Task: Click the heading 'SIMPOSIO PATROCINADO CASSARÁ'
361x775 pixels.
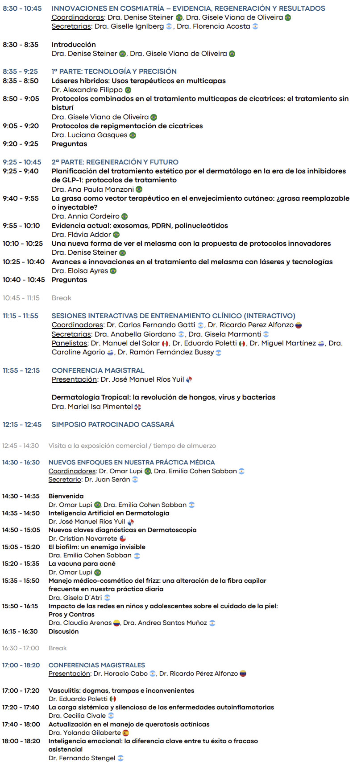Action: [x=113, y=424]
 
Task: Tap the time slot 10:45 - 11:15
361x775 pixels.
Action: [x=21, y=298]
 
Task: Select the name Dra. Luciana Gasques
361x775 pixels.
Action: [x=89, y=135]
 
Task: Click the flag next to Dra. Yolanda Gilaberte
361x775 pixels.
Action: [x=126, y=733]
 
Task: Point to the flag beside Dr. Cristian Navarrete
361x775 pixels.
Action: [x=123, y=539]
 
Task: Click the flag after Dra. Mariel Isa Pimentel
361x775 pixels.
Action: [x=138, y=407]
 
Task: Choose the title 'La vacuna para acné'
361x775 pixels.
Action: [x=82, y=564]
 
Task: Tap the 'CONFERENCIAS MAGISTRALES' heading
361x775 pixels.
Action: [x=96, y=665]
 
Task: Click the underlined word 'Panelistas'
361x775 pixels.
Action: [x=69, y=343]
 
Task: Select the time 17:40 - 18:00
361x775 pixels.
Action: [x=21, y=724]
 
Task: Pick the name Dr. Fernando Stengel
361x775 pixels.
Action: [x=82, y=758]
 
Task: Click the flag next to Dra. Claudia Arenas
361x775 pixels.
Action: [x=116, y=623]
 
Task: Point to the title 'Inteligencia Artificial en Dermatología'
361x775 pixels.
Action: [x=109, y=513]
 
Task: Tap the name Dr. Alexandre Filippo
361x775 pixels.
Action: [x=87, y=90]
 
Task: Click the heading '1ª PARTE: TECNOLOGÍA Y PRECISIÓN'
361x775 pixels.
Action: [x=114, y=72]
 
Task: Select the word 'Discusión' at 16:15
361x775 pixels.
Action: [x=63, y=632]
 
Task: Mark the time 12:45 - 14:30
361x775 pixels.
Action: [x=21, y=446]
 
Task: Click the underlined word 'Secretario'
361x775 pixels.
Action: [x=65, y=480]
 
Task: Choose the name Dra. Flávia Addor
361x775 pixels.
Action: [x=81, y=235]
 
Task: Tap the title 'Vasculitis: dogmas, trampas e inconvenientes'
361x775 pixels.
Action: [x=121, y=691]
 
